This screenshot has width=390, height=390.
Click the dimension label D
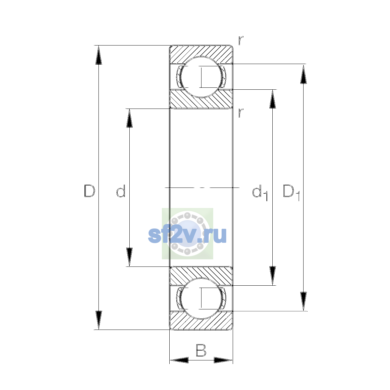(89, 191)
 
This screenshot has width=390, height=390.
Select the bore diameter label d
(121, 191)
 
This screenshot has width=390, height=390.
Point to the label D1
(291, 193)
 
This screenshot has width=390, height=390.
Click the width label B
(201, 350)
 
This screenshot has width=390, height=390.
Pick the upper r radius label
(241, 41)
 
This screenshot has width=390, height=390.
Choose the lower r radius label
(241, 113)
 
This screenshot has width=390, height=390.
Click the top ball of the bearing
(201, 77)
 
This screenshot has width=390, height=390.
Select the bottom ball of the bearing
(201, 299)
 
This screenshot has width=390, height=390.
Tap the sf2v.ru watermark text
(187, 235)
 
